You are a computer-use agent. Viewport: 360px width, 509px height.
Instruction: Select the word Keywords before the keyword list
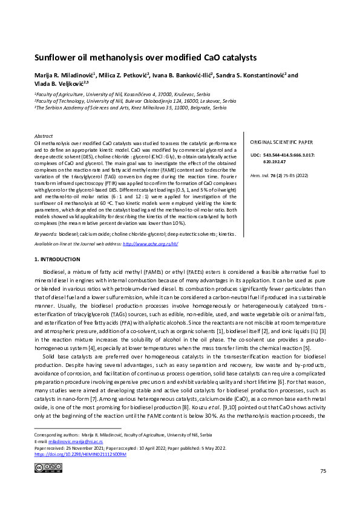46,233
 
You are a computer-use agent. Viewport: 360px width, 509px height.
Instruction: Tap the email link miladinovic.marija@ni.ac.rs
73,441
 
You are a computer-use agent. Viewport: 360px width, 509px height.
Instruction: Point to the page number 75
323,487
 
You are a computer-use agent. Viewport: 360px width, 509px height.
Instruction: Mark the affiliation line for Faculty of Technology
136,101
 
